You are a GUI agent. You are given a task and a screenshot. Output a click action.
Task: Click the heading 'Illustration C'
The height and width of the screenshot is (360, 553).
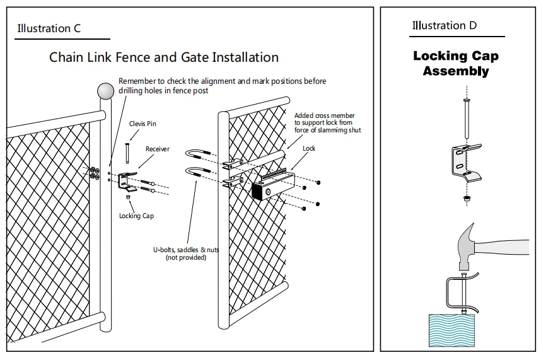pyautogui.click(x=49, y=28)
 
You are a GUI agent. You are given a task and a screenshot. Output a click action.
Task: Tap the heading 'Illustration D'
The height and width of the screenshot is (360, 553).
pyautogui.click(x=445, y=26)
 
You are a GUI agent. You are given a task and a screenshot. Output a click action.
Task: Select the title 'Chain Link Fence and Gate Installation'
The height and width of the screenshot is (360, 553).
pyautogui.click(x=164, y=57)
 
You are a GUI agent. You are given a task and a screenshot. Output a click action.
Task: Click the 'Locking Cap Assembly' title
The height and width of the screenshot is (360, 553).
pyautogui.click(x=456, y=63)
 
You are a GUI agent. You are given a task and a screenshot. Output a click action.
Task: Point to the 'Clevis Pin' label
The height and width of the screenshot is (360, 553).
pyautogui.click(x=143, y=124)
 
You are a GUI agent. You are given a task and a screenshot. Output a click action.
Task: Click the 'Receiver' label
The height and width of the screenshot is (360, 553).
pyautogui.click(x=158, y=149)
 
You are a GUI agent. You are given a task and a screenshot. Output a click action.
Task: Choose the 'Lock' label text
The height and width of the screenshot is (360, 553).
pyautogui.click(x=309, y=148)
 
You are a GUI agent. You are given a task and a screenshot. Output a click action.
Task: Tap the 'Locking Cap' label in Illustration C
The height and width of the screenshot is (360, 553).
pyautogui.click(x=136, y=216)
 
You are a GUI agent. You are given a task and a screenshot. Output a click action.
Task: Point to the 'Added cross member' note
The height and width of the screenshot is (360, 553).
pyautogui.click(x=325, y=115)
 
